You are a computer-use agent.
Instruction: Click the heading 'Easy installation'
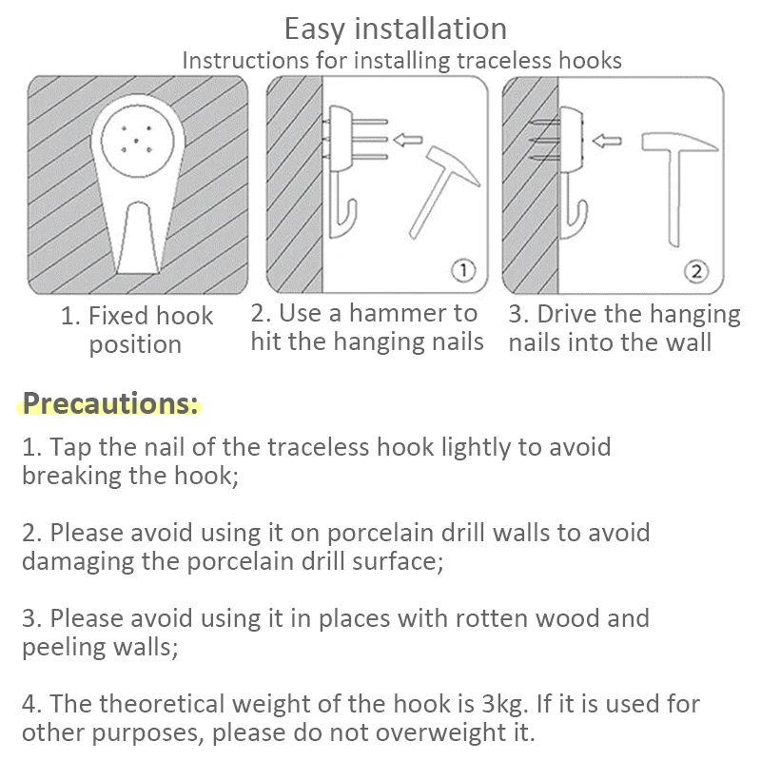[395, 29]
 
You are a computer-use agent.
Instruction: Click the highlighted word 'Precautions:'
[110, 402]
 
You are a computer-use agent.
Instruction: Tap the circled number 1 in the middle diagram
[463, 270]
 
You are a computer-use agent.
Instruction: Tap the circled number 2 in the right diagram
[696, 271]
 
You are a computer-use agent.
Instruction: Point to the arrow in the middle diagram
[408, 140]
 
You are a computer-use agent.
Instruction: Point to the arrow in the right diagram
[607, 141]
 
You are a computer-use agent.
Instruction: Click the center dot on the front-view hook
[136, 141]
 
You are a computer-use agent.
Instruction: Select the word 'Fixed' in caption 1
[116, 316]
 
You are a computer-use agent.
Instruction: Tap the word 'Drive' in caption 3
[567, 314]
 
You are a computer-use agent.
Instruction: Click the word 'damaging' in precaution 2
[78, 562]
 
